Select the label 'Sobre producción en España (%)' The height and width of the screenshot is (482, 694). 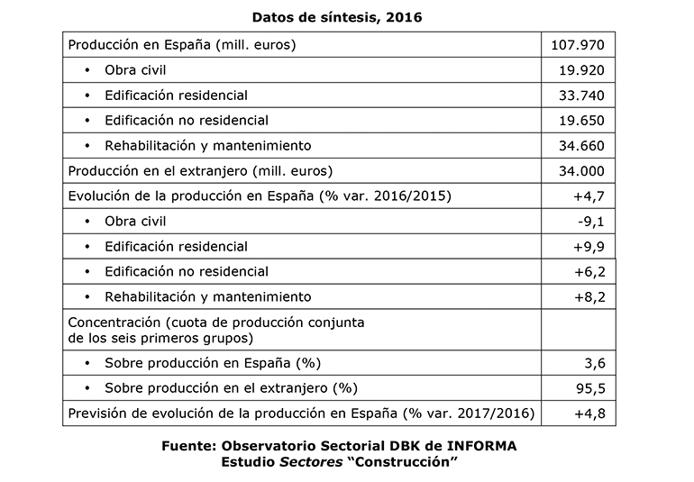coord(213,363)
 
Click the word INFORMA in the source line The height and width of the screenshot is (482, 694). coord(479,446)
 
